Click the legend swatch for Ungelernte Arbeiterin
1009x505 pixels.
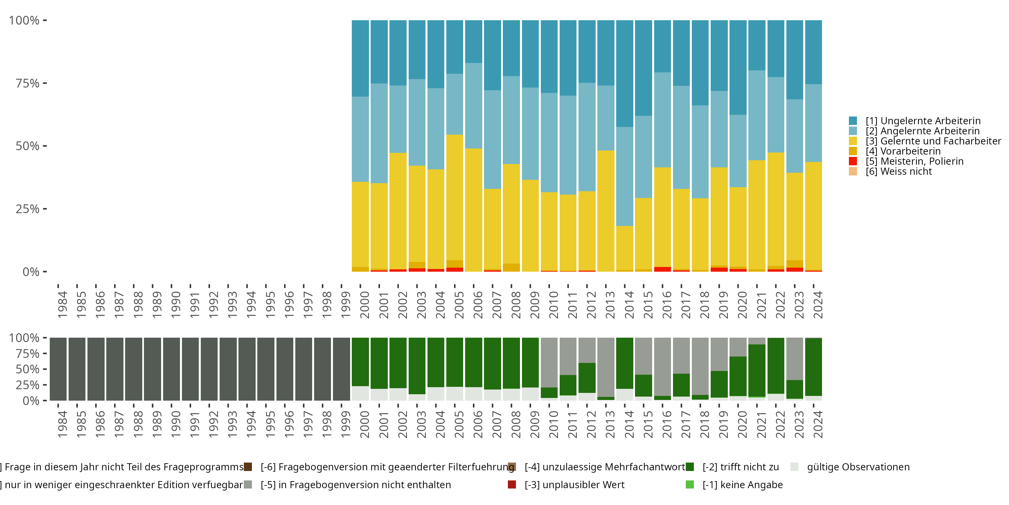click(853, 121)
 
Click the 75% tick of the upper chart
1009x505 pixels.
click(28, 83)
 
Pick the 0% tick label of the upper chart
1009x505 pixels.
click(31, 272)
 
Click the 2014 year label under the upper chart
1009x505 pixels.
click(629, 305)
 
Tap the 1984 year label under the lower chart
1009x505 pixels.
click(62, 424)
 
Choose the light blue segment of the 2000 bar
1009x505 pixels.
click(360, 139)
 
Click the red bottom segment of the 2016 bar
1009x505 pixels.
click(662, 269)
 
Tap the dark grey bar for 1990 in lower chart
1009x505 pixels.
click(171, 369)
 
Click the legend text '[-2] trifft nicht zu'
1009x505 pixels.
click(740, 467)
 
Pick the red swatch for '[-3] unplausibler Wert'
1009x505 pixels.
click(512, 484)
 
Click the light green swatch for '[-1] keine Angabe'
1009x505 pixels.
click(690, 484)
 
